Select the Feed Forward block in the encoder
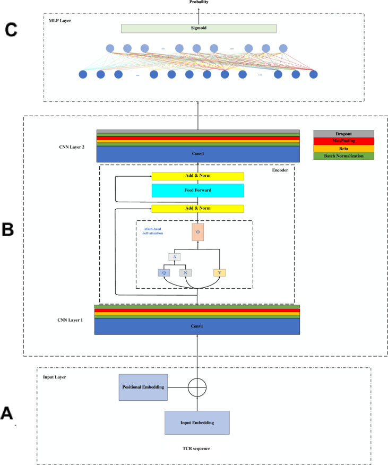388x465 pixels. tap(197, 191)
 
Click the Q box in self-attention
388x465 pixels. tap(164, 273)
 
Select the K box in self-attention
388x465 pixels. tap(185, 273)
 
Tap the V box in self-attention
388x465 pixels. tap(219, 273)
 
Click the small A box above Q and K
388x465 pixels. tap(174, 257)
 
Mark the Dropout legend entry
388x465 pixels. tap(343, 133)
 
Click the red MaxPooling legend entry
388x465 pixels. tap(343, 141)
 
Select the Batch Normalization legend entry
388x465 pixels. tap(343, 156)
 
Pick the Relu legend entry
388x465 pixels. tap(343, 149)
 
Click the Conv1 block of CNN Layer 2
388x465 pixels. tap(197, 154)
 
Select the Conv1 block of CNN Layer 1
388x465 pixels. tap(197, 326)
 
